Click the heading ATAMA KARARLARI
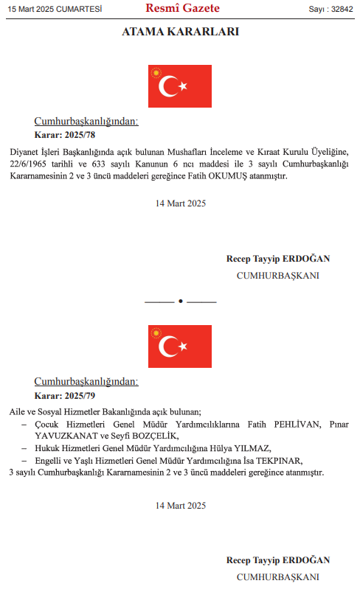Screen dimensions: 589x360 click(179, 32)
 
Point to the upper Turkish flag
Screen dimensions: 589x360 click(179, 86)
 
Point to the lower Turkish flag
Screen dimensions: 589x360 click(179, 346)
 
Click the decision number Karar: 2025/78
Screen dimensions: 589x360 click(65, 135)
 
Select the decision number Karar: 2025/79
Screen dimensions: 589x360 click(65, 396)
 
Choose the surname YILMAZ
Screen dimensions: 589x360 click(252, 448)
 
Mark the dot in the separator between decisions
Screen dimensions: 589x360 click(180, 302)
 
